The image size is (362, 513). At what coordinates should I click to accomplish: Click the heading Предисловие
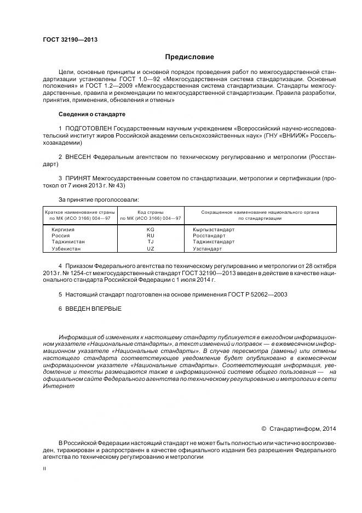(190, 57)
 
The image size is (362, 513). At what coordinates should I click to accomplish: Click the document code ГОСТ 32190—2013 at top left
(66, 39)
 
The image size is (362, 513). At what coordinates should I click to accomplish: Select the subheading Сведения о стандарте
(92, 114)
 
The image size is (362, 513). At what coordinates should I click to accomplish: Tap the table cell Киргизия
(63, 230)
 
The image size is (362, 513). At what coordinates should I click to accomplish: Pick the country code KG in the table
(151, 230)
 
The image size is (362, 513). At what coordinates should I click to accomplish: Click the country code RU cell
(151, 236)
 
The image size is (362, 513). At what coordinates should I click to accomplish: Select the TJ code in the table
(151, 242)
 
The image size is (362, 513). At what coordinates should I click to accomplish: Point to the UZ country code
(151, 248)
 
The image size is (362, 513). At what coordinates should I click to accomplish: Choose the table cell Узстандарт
(208, 248)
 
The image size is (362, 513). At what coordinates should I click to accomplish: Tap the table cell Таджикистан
(68, 242)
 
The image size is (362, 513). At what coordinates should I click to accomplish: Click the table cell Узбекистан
(66, 248)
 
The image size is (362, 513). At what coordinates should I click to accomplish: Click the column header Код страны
(151, 212)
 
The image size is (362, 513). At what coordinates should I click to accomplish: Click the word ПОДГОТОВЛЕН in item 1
(88, 128)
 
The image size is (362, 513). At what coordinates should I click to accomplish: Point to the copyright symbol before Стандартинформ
(263, 428)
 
